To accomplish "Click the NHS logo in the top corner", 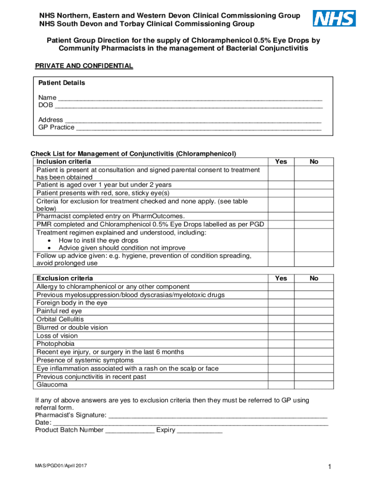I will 334,19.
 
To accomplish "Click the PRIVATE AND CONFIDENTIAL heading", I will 84,66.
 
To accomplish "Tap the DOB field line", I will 189,106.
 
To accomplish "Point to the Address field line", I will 193,120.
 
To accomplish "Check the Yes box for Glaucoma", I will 281,385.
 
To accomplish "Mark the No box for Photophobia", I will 314,344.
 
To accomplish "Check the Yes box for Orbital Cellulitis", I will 281,319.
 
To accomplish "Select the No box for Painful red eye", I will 314,311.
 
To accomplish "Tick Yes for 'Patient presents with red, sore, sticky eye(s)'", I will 281,193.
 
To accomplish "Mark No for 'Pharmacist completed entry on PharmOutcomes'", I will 314,216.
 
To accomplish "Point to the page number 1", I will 328,467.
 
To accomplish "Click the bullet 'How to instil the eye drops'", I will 98,241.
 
